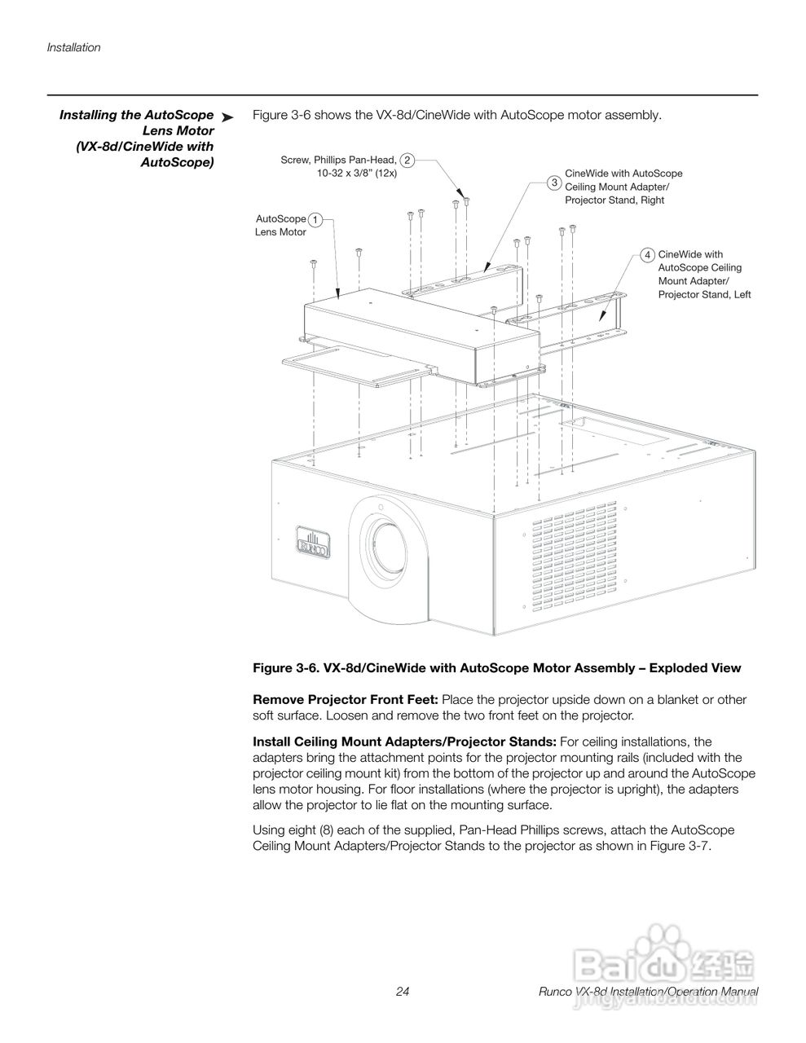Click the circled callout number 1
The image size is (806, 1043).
[x=315, y=219]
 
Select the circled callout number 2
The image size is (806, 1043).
[x=407, y=161]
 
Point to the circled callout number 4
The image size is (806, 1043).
[x=647, y=255]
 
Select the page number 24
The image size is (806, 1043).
[x=403, y=992]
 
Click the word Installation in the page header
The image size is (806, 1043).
[x=73, y=47]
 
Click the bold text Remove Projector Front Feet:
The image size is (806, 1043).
[x=346, y=700]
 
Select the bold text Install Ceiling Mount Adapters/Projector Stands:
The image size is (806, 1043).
[x=404, y=742]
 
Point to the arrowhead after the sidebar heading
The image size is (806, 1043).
[x=228, y=118]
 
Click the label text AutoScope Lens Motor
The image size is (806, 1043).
[x=281, y=226]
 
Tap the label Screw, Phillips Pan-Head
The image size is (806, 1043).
[x=339, y=161]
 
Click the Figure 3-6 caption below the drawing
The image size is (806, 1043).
[x=496, y=668]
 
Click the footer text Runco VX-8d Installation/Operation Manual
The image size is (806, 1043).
[x=649, y=992]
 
